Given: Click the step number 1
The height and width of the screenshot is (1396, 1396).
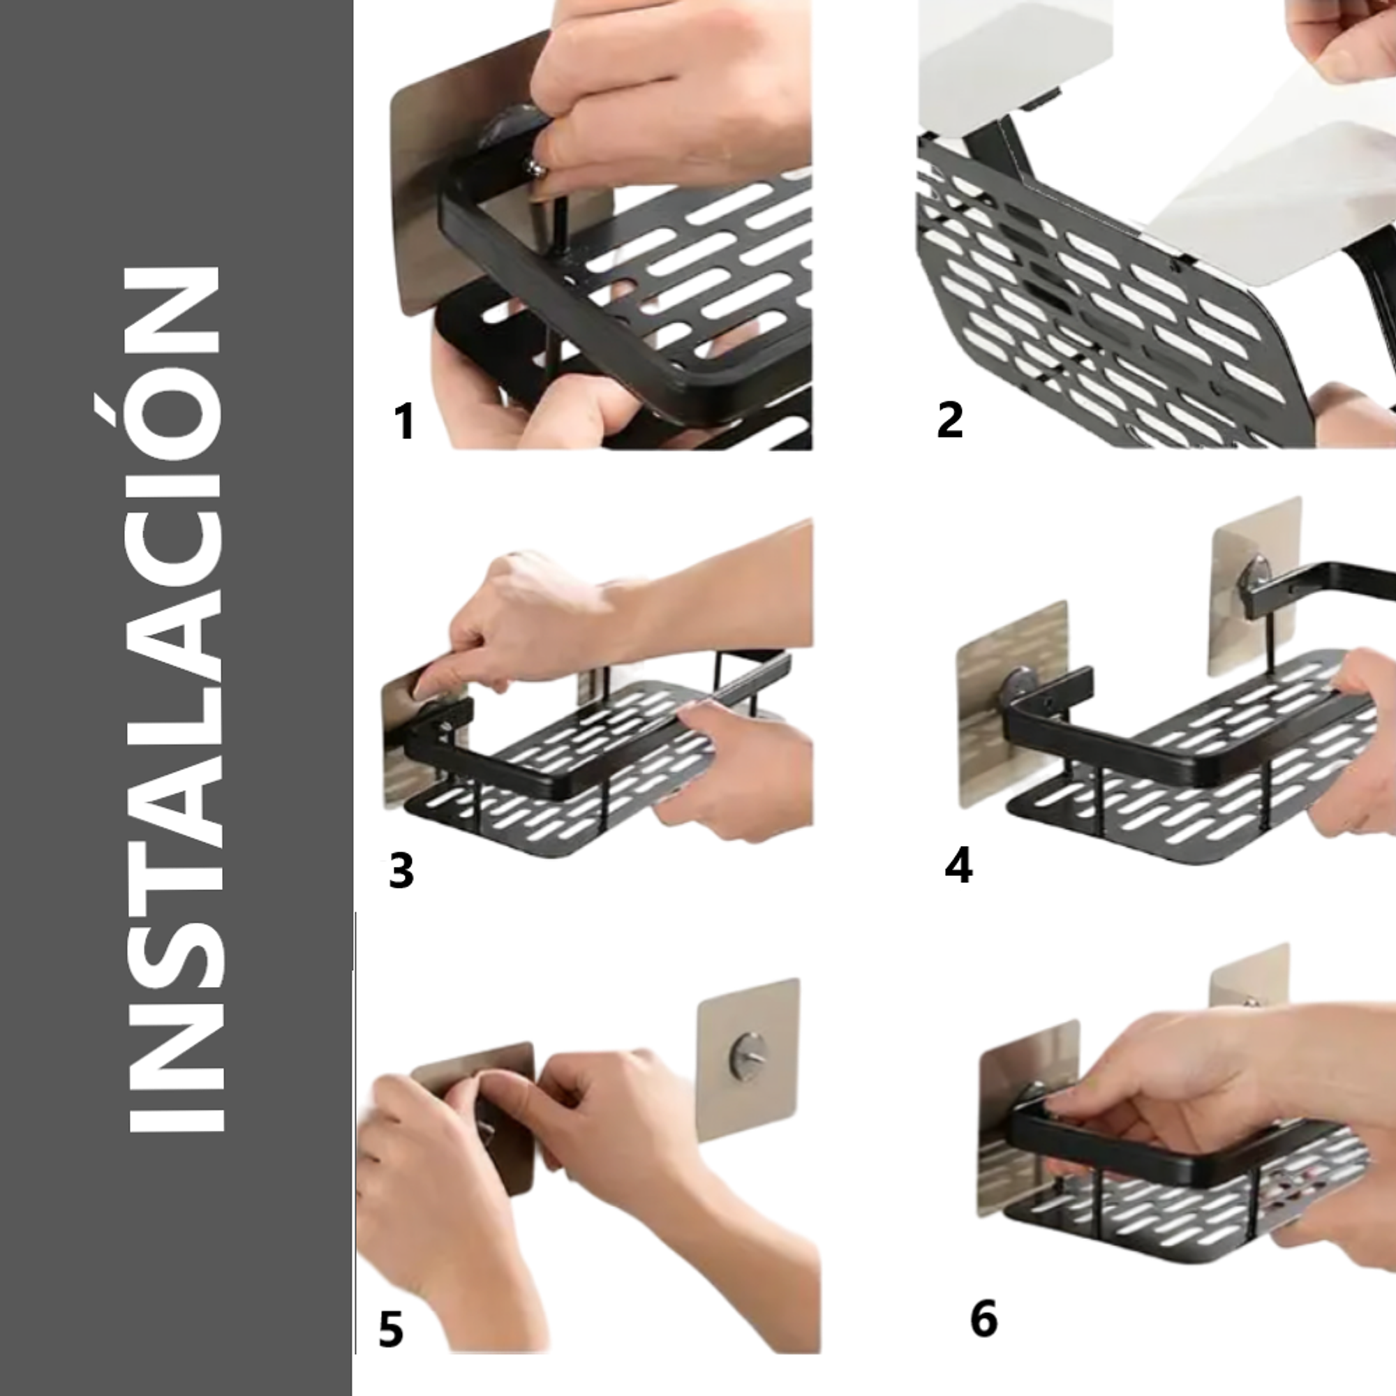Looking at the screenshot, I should point(404,422).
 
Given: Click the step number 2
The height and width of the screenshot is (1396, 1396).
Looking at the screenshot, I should point(949,419).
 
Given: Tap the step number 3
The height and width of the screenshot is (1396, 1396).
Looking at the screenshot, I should point(401,870).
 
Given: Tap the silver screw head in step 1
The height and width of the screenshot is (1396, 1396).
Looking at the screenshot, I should point(536,168).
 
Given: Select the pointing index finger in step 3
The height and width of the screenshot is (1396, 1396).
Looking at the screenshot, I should point(433,679).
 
